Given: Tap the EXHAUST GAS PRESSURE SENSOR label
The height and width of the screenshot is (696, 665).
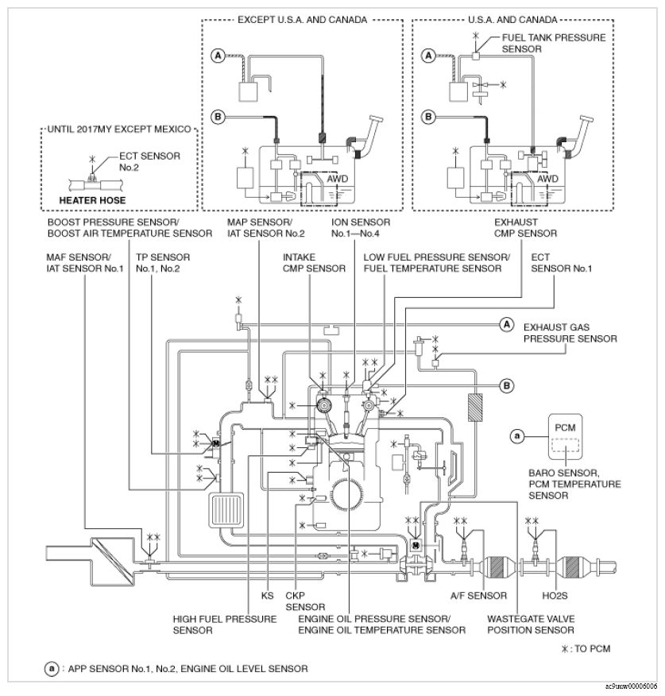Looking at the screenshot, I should pos(570,332).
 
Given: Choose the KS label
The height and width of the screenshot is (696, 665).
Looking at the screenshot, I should pos(267,595).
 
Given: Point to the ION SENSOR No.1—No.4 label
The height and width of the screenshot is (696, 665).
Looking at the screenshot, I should pos(355,228).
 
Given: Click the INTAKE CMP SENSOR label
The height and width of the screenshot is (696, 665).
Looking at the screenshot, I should pos(314,262).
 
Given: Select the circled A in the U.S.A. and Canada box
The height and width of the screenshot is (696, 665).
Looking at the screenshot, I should pos(428,56).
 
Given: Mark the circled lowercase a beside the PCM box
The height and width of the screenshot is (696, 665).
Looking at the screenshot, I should pos(517,435).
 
